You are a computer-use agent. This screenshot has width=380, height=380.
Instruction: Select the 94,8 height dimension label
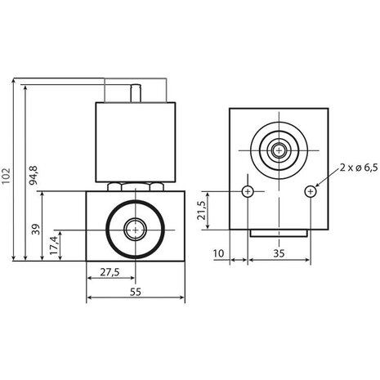34,173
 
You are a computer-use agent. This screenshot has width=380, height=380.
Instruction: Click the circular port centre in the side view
279,151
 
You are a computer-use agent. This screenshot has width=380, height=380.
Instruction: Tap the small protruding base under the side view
279,235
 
